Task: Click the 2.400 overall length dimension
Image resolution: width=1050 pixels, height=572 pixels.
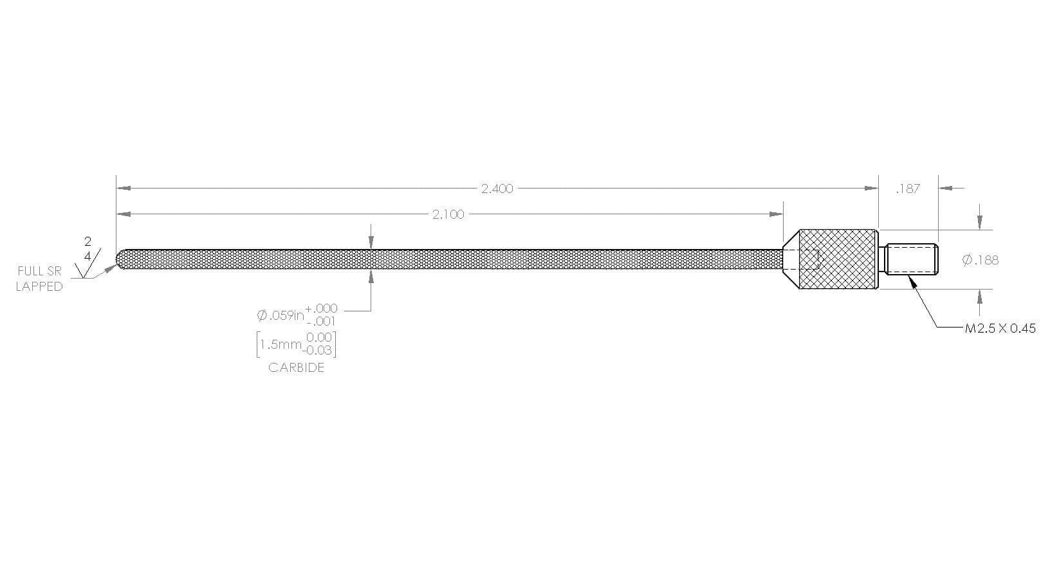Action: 497,189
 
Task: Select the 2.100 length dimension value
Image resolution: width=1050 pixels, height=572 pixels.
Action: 448,214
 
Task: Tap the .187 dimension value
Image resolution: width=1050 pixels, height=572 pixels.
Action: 908,189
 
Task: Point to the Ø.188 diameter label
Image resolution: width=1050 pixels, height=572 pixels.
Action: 980,260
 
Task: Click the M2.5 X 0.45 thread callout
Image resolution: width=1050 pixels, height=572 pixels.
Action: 1000,328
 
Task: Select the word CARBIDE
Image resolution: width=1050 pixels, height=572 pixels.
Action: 296,367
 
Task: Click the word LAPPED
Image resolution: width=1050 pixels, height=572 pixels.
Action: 39,286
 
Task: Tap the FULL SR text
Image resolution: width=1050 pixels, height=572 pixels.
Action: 40,271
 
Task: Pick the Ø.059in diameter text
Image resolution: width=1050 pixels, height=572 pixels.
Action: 281,315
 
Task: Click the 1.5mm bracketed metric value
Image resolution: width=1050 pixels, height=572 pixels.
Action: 281,345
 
